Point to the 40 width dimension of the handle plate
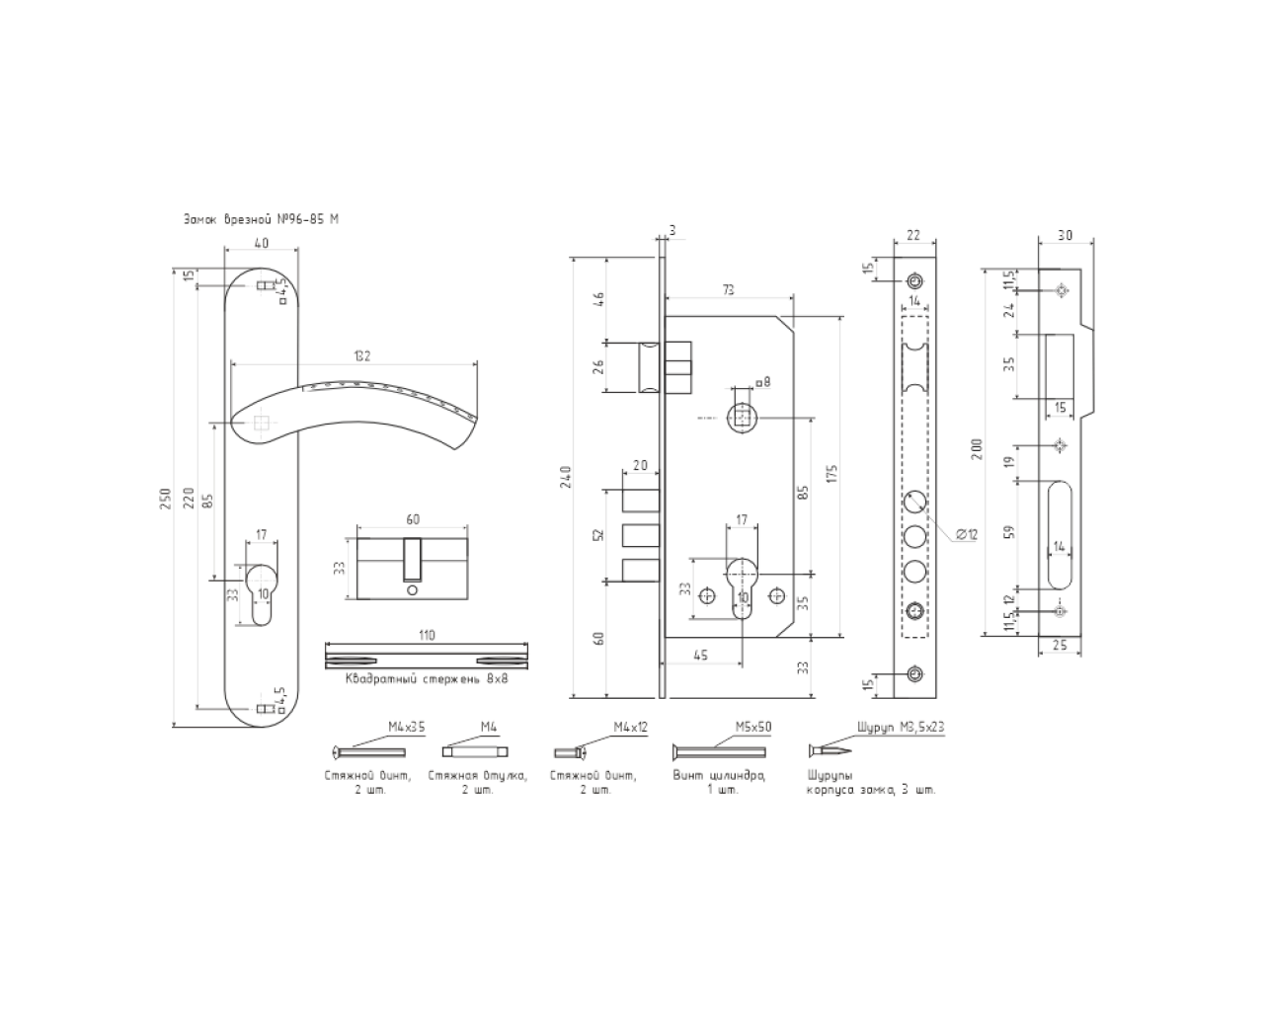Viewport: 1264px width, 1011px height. [260, 243]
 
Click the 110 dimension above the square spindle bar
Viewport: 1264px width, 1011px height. [427, 636]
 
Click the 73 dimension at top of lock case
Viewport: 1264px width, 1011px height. [729, 289]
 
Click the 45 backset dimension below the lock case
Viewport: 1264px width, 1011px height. [702, 656]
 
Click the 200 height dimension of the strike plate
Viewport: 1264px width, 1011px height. [977, 452]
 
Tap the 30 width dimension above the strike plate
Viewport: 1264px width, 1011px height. [1065, 235]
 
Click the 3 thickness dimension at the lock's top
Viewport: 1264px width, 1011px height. [671, 229]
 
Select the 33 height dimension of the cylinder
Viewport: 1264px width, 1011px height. [339, 568]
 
